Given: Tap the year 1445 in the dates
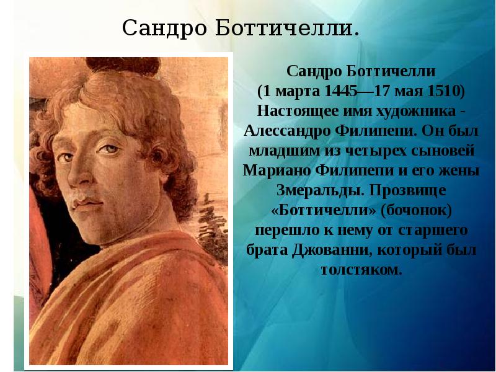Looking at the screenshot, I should [x=338, y=91].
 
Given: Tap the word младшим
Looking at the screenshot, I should [x=279, y=150].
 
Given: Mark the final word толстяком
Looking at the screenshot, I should [x=362, y=270].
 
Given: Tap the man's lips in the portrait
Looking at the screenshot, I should [x=86, y=204].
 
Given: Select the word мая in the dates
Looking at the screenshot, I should [x=407, y=91].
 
